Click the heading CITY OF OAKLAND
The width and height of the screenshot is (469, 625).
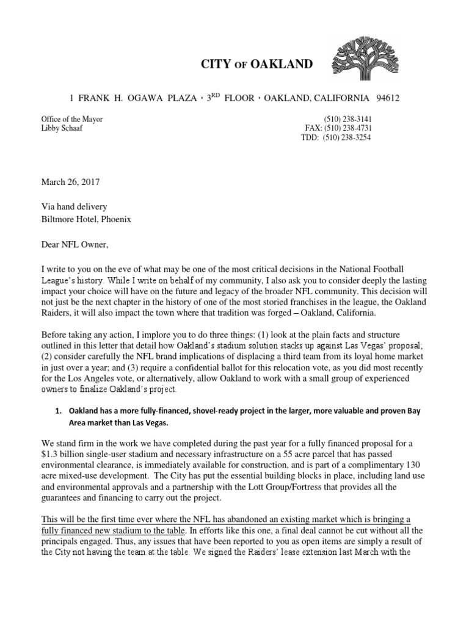tap(257, 64)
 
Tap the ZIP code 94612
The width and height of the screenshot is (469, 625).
tap(388, 98)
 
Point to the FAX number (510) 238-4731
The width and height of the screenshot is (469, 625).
tap(349, 128)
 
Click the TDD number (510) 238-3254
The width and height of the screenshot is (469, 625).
tap(349, 137)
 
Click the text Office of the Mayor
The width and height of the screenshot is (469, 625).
tap(71, 119)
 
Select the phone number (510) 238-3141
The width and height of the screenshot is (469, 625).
tap(349, 119)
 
